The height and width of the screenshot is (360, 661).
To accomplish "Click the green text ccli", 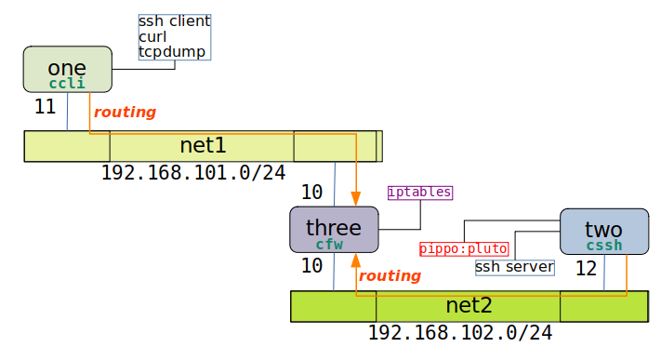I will (67, 84).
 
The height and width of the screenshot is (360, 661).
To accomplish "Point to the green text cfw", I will (329, 245).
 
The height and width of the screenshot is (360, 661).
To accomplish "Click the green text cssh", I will (604, 245).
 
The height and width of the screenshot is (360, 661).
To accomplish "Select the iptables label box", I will (420, 193).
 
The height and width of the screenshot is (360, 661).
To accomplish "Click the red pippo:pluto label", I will (464, 248).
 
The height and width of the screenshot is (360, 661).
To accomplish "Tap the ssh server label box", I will (514, 267).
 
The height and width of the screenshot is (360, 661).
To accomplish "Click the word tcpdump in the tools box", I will (172, 52).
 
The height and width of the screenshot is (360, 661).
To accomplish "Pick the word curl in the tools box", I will (153, 36).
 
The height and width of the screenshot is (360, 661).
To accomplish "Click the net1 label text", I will (202, 145).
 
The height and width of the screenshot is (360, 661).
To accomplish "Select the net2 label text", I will (469, 305).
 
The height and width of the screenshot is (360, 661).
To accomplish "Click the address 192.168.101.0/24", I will (192, 173).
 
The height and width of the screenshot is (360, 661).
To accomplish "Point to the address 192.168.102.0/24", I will (460, 333).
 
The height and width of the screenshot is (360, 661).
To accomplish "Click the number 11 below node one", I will (45, 106).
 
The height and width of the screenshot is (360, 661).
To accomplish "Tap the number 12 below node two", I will (586, 269).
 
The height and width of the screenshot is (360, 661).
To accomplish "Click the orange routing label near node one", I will (125, 112).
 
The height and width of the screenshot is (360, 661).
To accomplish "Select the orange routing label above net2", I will (390, 275).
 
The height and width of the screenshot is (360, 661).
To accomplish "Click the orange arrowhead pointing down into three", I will (356, 198).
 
